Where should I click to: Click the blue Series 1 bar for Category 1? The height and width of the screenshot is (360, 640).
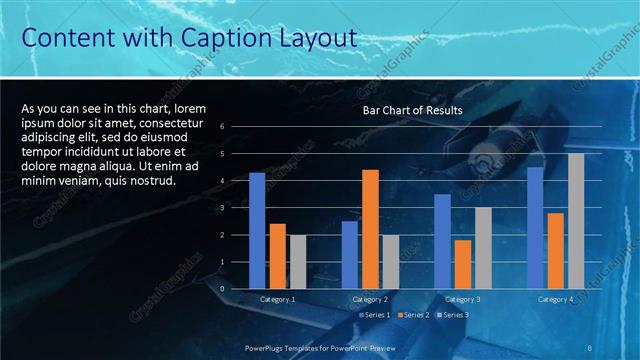click(x=257, y=230)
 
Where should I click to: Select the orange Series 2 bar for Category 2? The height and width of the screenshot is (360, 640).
click(x=370, y=229)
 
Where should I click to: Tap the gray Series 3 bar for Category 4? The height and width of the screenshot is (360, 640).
click(x=575, y=221)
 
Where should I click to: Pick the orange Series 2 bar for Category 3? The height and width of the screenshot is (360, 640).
click(x=463, y=264)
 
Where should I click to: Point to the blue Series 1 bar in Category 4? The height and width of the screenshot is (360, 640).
click(x=535, y=227)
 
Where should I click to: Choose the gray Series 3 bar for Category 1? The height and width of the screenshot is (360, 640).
click(x=298, y=262)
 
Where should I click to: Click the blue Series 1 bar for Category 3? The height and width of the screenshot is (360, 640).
click(x=442, y=241)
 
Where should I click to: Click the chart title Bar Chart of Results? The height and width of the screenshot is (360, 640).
click(x=412, y=110)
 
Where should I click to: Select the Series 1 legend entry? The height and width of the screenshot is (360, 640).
click(x=375, y=315)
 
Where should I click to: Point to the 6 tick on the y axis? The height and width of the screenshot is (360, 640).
click(x=236, y=126)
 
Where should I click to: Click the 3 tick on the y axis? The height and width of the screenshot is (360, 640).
click(x=236, y=208)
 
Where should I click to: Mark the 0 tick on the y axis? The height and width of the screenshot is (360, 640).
click(x=236, y=289)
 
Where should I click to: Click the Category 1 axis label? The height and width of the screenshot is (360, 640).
click(x=277, y=299)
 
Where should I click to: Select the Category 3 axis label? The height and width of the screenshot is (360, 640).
click(x=463, y=299)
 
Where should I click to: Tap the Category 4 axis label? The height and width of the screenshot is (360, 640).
click(x=555, y=299)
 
